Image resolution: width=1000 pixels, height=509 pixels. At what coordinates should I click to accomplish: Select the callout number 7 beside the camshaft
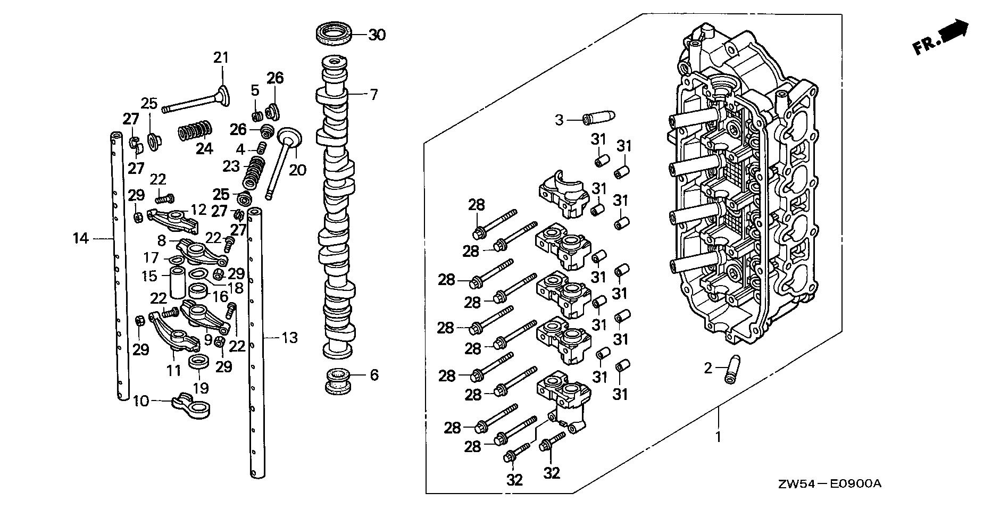tap(374, 95)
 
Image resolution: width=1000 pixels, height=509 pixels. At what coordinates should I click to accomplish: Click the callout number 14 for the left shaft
tap(81, 239)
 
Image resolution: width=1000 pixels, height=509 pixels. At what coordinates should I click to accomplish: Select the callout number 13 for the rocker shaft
tap(290, 337)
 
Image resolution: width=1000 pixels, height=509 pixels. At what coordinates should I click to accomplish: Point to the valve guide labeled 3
tap(598, 118)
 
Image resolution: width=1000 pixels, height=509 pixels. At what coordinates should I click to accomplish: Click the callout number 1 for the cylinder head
tap(718, 437)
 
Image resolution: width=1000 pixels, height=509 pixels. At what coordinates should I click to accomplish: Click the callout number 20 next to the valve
tap(298, 170)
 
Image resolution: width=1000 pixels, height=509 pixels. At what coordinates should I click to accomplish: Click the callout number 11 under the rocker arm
tap(174, 370)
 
